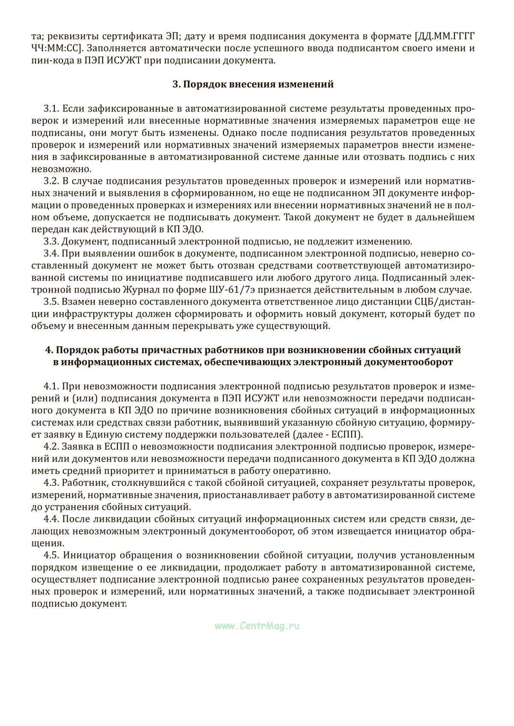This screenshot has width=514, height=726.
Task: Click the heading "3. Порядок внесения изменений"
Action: tap(253, 84)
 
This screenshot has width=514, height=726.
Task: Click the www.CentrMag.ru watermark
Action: tap(257, 626)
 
